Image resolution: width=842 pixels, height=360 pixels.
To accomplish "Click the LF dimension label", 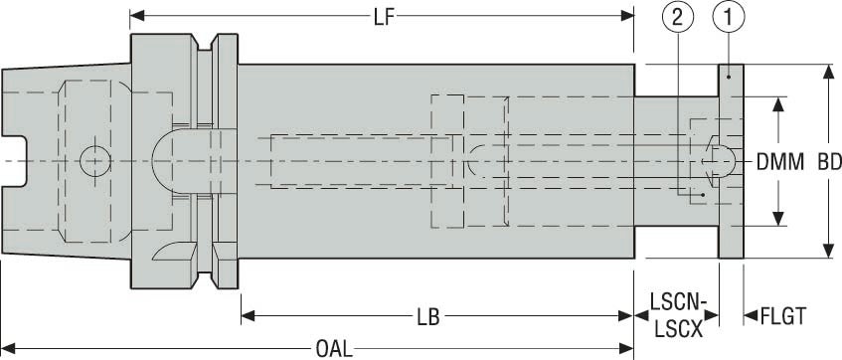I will [382, 16].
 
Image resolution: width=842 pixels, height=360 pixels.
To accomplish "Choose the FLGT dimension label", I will [782, 316].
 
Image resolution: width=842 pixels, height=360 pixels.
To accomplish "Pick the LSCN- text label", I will [678, 300].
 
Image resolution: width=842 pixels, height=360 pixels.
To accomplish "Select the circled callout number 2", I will [678, 17].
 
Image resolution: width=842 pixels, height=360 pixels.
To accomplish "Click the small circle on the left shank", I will [95, 158].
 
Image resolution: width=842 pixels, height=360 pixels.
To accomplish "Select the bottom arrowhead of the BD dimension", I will [827, 253].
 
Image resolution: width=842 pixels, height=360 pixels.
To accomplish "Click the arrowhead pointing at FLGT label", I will [750, 316].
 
